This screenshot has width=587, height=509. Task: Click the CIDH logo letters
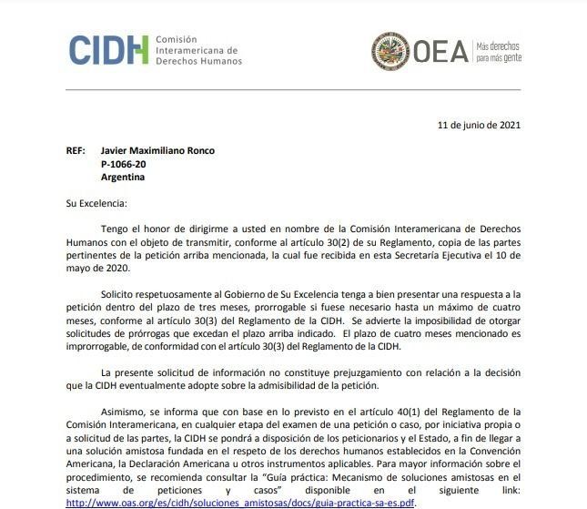pyautogui.click(x=108, y=49)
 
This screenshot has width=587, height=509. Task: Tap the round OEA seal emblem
pyautogui.click(x=390, y=50)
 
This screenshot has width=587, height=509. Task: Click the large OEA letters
pyautogui.click(x=440, y=51)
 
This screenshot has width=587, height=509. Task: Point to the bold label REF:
pyautogui.click(x=77, y=151)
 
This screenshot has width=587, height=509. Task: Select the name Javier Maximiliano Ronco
pyautogui.click(x=157, y=151)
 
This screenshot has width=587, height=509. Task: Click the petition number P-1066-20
pyautogui.click(x=123, y=164)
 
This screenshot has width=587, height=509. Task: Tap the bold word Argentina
pyautogui.click(x=123, y=177)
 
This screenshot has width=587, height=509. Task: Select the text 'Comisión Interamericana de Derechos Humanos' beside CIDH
pyautogui.click(x=198, y=51)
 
